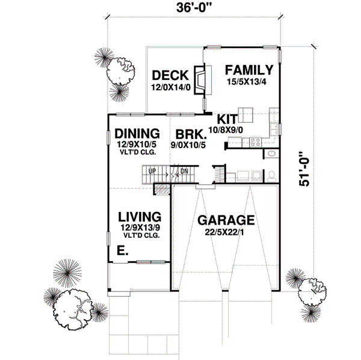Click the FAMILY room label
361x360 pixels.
click(250, 69)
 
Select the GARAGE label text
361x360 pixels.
click(226, 220)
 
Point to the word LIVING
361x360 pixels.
click(139, 216)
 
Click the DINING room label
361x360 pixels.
click(137, 133)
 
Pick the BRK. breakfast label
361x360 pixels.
click(188, 133)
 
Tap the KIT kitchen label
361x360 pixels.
click(228, 119)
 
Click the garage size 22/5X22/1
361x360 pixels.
click(226, 232)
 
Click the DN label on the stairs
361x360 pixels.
click(185, 170)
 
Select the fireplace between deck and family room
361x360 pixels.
click(200, 79)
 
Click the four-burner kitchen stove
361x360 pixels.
click(255, 143)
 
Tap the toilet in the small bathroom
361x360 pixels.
click(271, 175)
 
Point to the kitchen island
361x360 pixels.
click(245, 114)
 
